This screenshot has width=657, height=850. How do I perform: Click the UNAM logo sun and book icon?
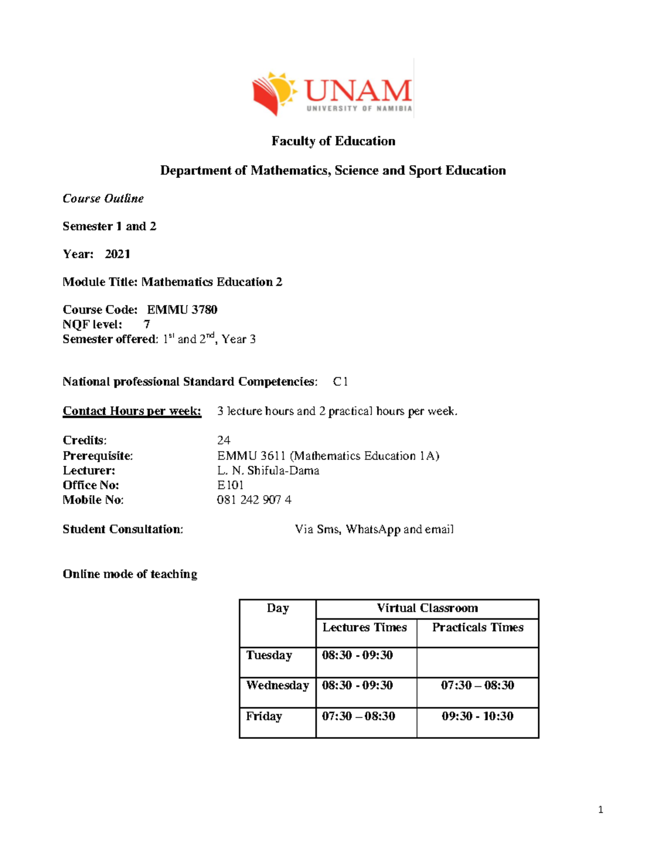274,93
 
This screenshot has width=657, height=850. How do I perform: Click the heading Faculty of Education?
333,141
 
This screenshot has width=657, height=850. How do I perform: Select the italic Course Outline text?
103,199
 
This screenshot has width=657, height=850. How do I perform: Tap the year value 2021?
118,254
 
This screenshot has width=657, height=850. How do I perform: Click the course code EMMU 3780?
182,310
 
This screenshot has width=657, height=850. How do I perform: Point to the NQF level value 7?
147,325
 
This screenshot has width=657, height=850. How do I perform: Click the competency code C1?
340,382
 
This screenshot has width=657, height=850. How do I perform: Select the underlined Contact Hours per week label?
132,411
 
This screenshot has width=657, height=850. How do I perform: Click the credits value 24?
223,441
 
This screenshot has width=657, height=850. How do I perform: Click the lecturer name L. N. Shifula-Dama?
268,471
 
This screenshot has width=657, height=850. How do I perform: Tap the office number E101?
230,485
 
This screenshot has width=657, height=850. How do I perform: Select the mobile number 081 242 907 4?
254,500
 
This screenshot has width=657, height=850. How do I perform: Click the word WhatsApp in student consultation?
373,529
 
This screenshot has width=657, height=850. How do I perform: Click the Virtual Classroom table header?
427,608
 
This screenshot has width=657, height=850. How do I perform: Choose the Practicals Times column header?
477,627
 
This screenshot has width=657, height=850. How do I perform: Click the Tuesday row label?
269,655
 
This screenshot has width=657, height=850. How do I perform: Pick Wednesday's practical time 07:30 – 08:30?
477,685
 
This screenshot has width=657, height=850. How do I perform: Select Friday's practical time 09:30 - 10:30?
477,716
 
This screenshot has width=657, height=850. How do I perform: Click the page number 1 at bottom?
601,810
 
